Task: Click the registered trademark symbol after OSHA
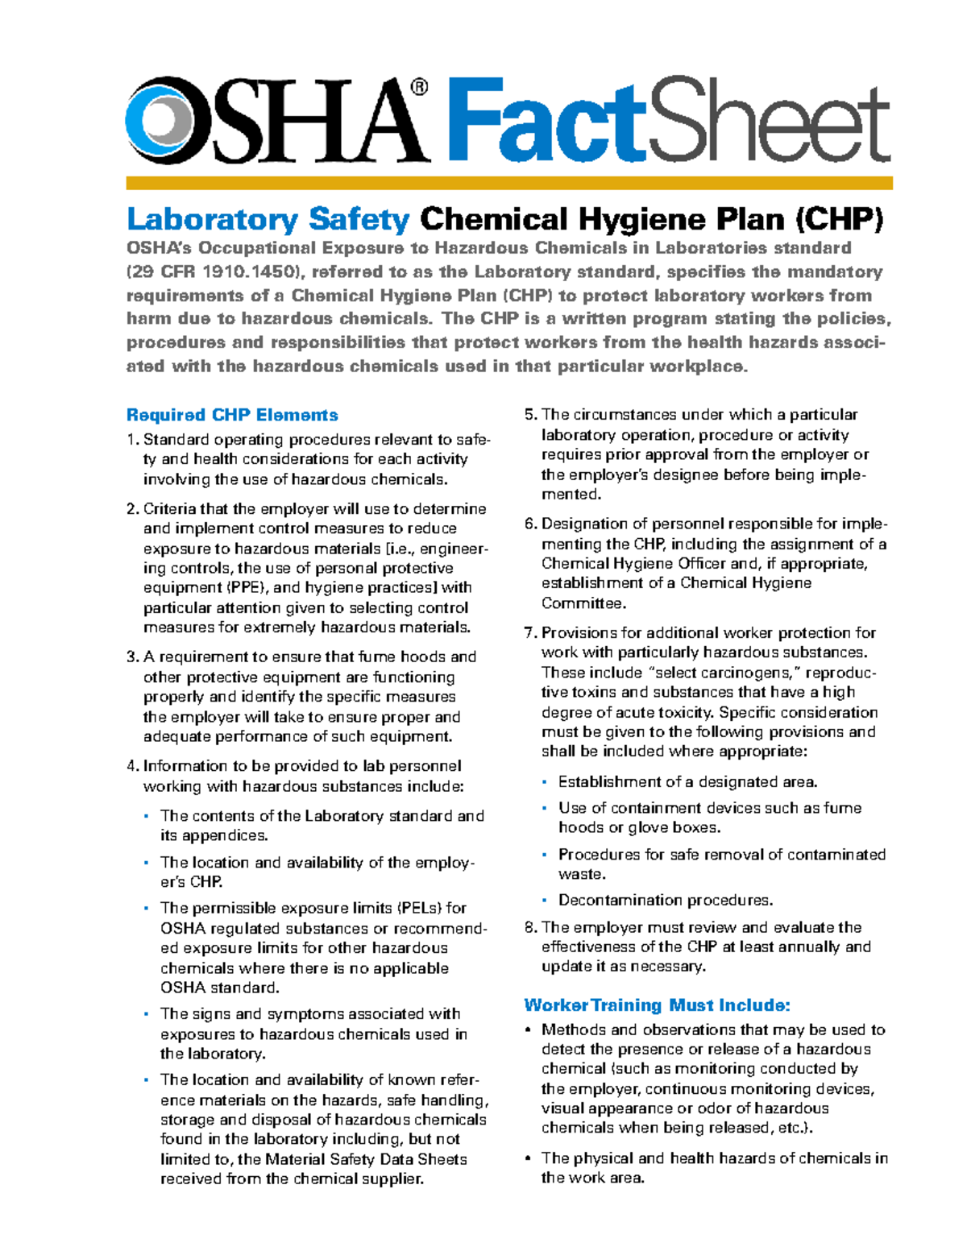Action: pos(419,87)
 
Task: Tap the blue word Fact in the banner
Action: pos(546,121)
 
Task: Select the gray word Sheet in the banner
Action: pos(769,125)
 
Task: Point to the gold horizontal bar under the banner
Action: pos(508,184)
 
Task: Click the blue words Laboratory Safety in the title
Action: pos(268,219)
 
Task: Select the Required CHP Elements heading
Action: pos(232,415)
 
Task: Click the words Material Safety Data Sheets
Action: pos(366,1159)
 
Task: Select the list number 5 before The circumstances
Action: pos(529,415)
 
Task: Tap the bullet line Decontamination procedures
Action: pos(665,901)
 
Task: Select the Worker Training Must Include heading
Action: pos(657,1005)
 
